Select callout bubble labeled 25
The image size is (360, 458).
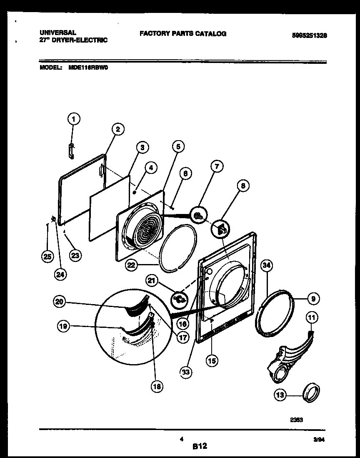pos(47,257)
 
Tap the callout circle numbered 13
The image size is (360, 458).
pos(280,394)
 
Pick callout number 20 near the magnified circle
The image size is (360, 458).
pos(60,302)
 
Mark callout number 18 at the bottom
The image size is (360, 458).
pos(157,386)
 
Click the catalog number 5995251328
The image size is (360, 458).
pos(303,36)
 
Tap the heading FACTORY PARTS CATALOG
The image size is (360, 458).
pos(183,34)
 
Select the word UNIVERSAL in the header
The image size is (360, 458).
pos(57,32)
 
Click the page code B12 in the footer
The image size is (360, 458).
pos(200,446)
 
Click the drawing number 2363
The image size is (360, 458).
pos(297,420)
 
